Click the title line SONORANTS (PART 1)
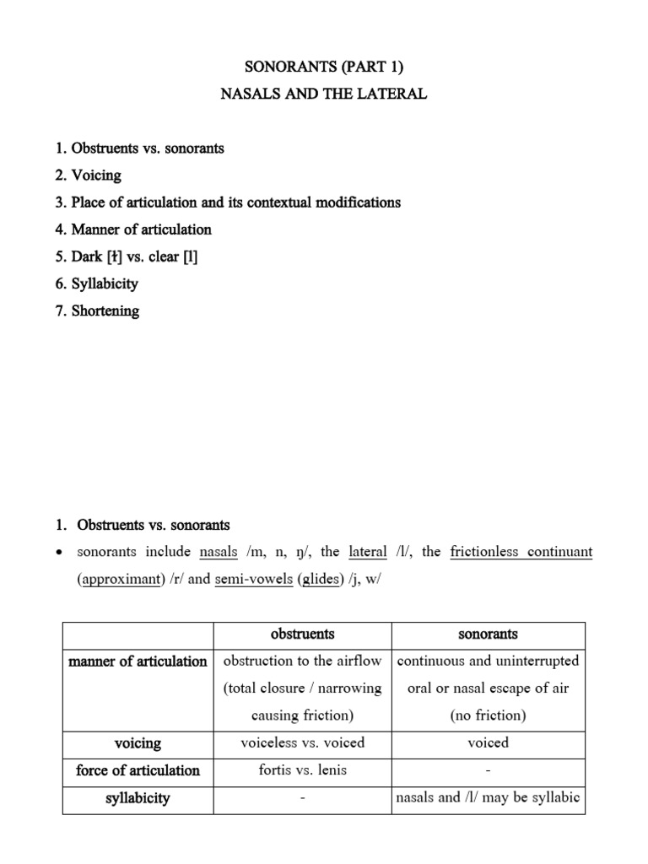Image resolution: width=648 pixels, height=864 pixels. pyautogui.click(x=324, y=67)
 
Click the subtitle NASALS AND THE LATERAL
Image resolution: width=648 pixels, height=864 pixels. pyautogui.click(x=324, y=94)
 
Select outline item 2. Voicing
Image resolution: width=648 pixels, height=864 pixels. pyautogui.click(x=88, y=175)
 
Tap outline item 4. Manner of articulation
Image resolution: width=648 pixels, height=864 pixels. pyautogui.click(x=132, y=229)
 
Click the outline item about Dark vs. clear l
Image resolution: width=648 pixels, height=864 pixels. pyautogui.click(x=127, y=256)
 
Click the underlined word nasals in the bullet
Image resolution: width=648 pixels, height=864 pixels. pyautogui.click(x=218, y=553)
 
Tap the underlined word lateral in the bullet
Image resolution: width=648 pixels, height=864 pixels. pyautogui.click(x=367, y=553)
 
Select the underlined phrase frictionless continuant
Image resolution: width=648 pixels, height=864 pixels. pyautogui.click(x=521, y=553)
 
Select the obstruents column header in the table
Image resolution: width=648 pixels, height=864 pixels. pyautogui.click(x=302, y=634)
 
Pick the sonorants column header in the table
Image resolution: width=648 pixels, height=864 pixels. pyautogui.click(x=488, y=634)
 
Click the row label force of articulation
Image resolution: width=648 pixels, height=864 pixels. pyautogui.click(x=138, y=770)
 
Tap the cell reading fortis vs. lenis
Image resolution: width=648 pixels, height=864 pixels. pyautogui.click(x=302, y=770)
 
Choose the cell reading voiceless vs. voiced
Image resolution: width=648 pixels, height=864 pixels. pyautogui.click(x=302, y=743)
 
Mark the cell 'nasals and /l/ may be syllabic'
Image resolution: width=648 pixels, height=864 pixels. pyautogui.click(x=489, y=798)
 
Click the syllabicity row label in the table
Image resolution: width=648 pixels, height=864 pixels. pyautogui.click(x=138, y=798)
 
